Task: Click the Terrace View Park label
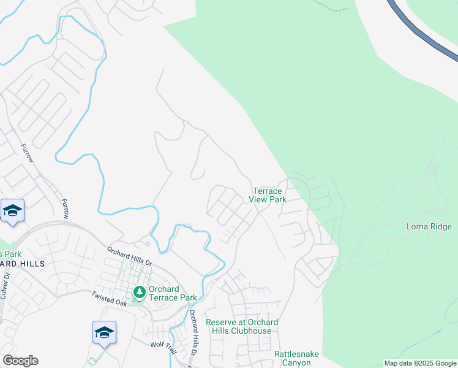268,196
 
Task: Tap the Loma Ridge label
429,227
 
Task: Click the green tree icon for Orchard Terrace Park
140,291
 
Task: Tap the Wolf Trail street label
163,345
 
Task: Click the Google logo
20,361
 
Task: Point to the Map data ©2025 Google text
421,363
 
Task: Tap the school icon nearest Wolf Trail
104,332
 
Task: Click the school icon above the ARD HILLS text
12,211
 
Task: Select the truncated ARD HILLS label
23,263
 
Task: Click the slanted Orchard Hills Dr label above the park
129,256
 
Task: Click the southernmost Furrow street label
65,209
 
